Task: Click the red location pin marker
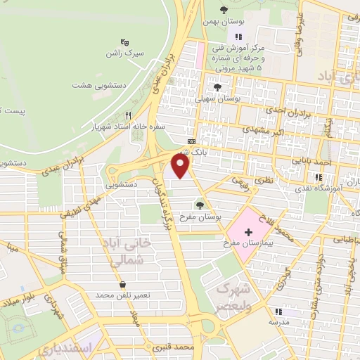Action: (x=181, y=166)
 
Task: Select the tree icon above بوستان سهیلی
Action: (x=218, y=88)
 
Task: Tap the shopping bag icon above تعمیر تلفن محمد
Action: (x=124, y=285)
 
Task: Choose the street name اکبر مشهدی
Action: (x=266, y=129)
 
